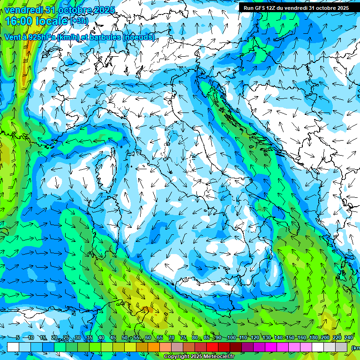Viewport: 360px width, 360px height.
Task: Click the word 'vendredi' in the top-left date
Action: coord(22,10)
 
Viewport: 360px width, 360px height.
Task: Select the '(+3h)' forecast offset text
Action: coord(79,21)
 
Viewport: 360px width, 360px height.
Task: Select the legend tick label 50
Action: coord(124,338)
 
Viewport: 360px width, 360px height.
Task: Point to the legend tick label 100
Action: coord(231,338)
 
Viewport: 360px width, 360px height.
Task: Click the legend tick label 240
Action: coord(349,338)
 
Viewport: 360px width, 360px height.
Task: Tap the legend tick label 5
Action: coord(18,338)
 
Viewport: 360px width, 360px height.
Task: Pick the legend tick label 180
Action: coord(313,338)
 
